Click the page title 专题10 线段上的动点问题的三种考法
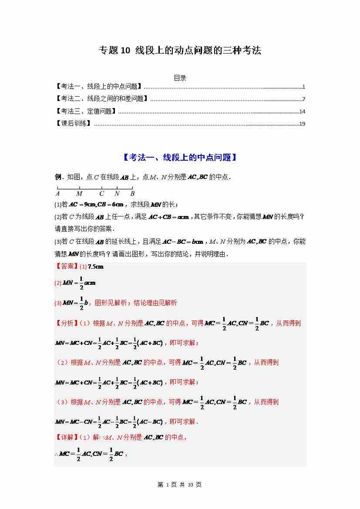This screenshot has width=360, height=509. point(180,51)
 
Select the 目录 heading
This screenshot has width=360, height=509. point(180,78)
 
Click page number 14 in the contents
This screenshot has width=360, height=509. point(302,111)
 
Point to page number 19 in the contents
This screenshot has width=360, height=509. point(302,124)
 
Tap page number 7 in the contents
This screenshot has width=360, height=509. point(303,99)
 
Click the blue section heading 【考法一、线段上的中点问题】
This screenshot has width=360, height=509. point(180,158)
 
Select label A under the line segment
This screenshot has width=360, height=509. point(57,194)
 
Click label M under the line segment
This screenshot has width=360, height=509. point(79,194)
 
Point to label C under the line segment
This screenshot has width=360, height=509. point(102,194)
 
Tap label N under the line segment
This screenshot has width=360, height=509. point(117,194)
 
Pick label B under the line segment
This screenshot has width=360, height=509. point(132,194)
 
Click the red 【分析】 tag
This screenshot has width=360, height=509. point(66,323)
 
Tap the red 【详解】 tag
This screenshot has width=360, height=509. point(66,437)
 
